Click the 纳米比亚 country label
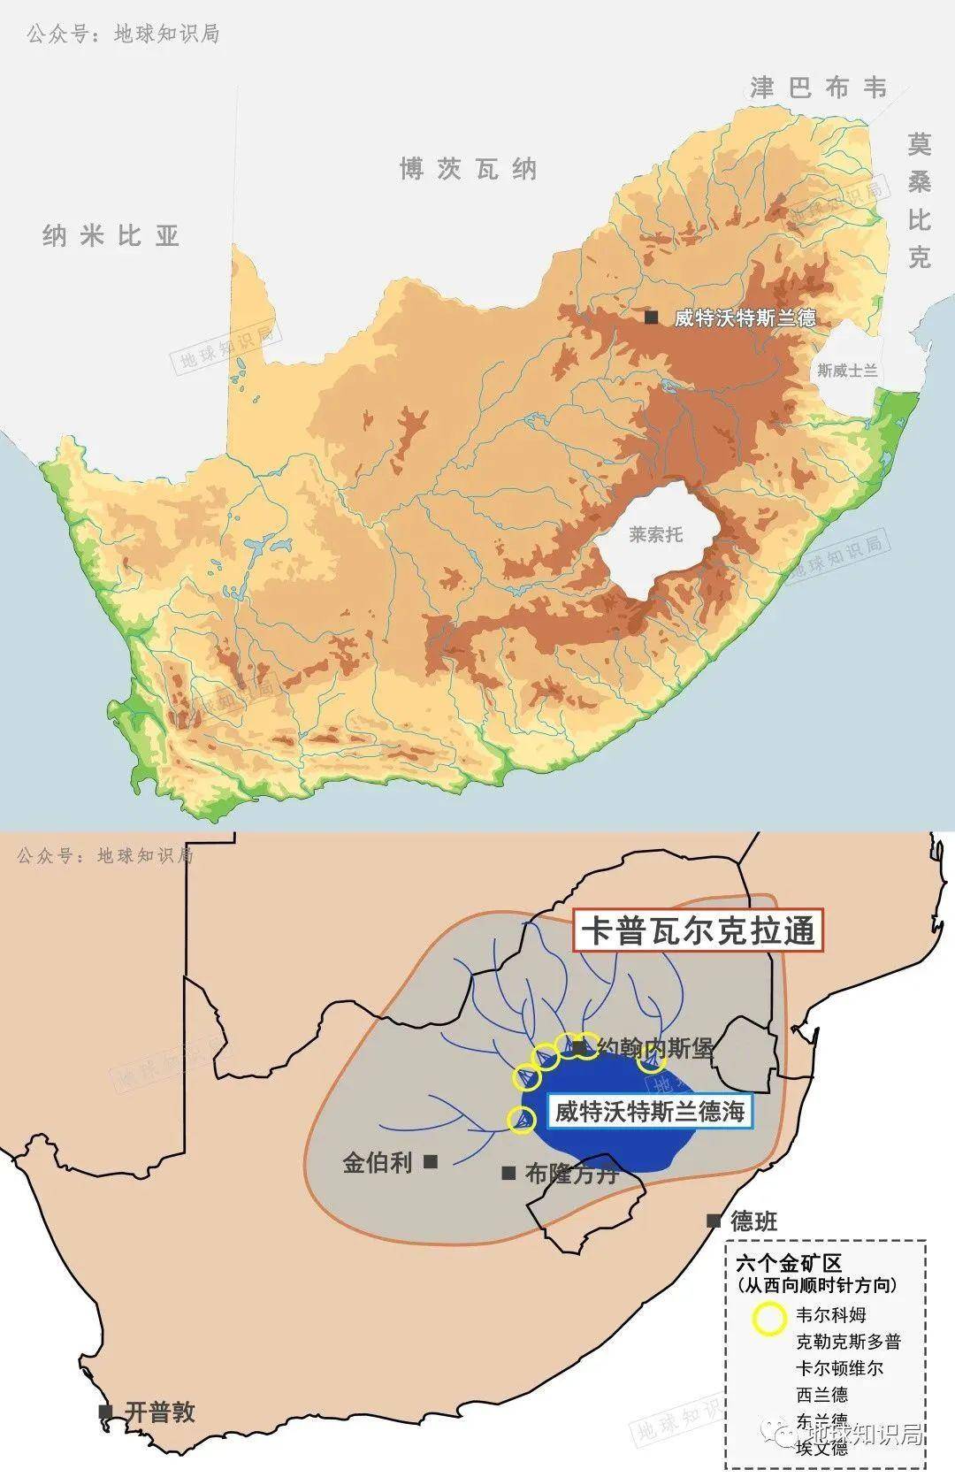(111, 235)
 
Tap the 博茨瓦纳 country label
(468, 168)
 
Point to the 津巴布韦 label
(818, 88)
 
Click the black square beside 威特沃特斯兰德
(652, 318)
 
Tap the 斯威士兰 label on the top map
(847, 371)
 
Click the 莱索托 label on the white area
(655, 534)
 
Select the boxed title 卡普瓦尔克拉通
(698, 931)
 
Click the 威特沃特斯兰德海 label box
(650, 1111)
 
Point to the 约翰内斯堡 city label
(654, 1049)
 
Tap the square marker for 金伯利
(431, 1161)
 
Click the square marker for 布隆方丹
(508, 1173)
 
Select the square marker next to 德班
(714, 1221)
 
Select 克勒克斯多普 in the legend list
(848, 1342)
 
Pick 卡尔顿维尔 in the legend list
(839, 1368)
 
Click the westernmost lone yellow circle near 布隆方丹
(522, 1120)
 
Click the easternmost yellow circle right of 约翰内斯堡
(652, 1059)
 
